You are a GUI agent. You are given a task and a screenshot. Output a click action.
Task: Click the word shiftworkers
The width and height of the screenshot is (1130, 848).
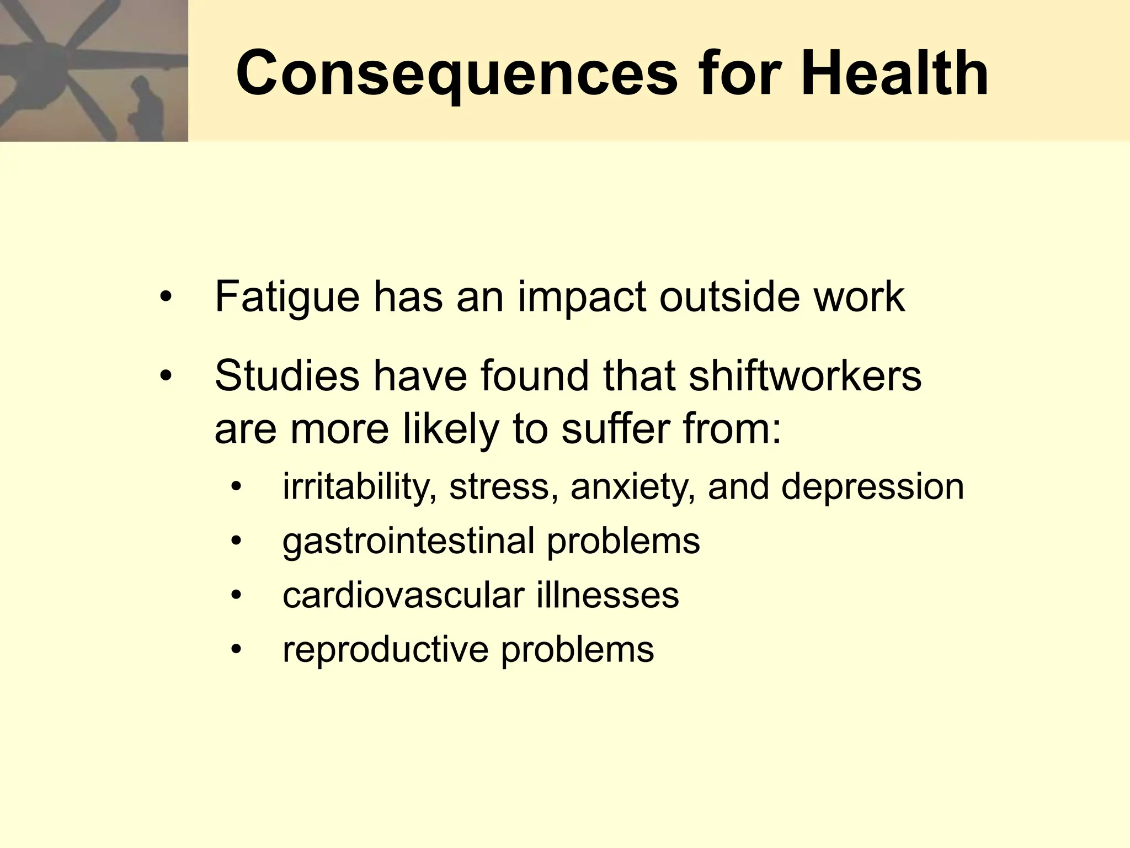pos(805,377)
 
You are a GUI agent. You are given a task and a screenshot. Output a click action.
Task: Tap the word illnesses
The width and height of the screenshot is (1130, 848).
pos(607,595)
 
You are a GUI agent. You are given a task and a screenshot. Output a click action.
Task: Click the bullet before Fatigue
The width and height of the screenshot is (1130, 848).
pos(166,299)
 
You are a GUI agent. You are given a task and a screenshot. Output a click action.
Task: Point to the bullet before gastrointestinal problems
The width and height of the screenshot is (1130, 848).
pos(236,541)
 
